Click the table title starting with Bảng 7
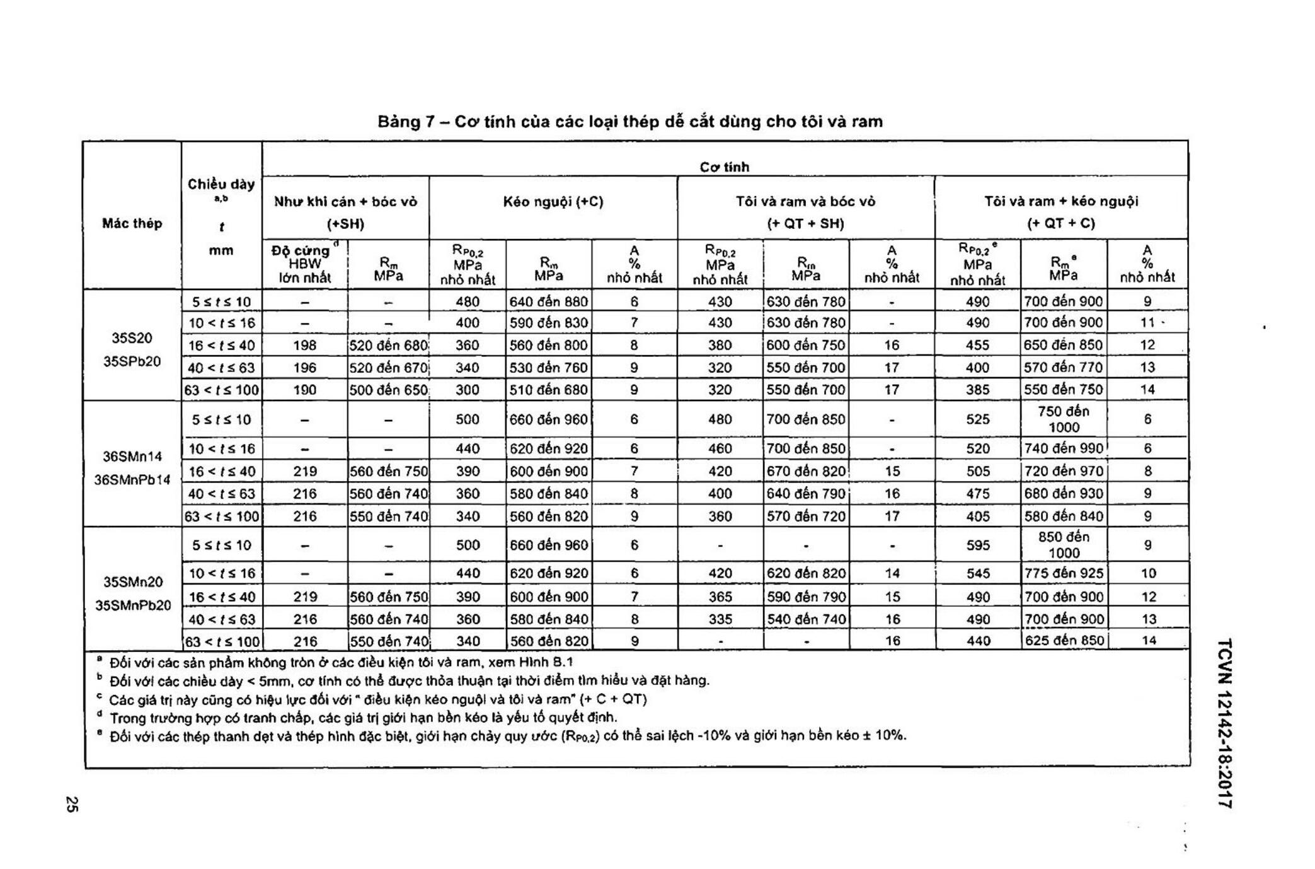tap(630, 121)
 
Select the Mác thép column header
tap(132, 223)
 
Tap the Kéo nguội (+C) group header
tap(553, 202)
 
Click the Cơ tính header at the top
tap(724, 167)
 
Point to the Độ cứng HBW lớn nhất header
tap(304, 264)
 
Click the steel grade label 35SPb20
tap(132, 361)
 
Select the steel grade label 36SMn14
tap(132, 456)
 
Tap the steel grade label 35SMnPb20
tap(132, 605)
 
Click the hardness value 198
tap(304, 346)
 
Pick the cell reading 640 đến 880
tap(548, 301)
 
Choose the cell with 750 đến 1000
tap(1064, 419)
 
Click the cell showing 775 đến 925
tap(1064, 573)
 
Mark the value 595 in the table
tap(977, 545)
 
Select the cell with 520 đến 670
tap(388, 368)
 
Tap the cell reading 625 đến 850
tap(1064, 641)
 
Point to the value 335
tap(720, 619)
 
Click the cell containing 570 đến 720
tap(806, 516)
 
